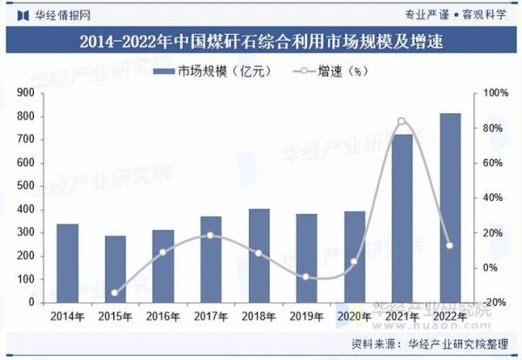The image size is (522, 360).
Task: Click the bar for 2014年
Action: [68, 263]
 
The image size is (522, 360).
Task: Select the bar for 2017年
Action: [211, 259]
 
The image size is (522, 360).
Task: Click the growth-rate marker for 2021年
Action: [401, 122]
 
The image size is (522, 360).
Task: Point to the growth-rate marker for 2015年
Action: [115, 293]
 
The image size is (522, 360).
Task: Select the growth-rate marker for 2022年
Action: [450, 245]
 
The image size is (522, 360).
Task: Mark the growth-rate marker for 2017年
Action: [211, 235]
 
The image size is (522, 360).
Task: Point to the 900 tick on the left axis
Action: [25, 92]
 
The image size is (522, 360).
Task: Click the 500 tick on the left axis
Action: [25, 186]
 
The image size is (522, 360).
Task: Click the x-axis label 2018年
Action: [259, 315]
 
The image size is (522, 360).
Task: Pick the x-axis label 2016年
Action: [163, 315]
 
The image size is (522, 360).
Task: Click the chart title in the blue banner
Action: [261, 41]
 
